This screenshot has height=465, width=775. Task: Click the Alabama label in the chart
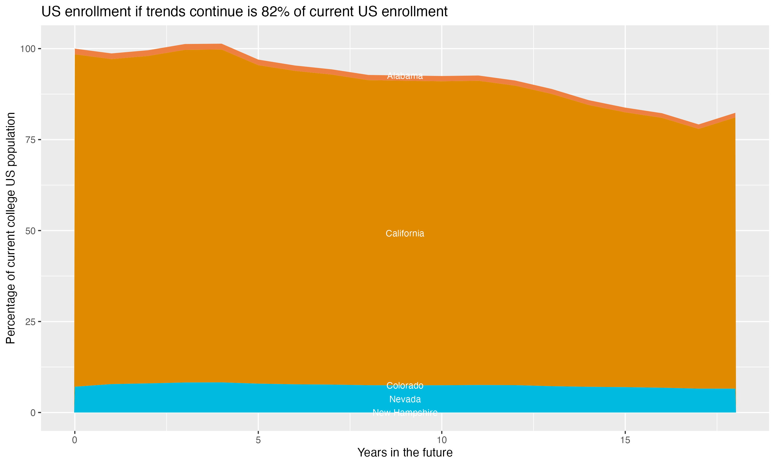click(x=405, y=76)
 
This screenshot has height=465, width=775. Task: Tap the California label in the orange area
click(x=405, y=234)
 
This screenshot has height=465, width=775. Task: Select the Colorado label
click(x=405, y=385)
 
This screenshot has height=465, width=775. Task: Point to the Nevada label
click(x=405, y=399)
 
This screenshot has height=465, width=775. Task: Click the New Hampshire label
click(x=405, y=413)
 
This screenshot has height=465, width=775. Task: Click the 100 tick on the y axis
click(x=28, y=49)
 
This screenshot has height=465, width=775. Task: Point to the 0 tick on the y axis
click(x=33, y=413)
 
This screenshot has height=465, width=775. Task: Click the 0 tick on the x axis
click(x=75, y=440)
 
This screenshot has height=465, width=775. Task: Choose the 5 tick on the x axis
click(x=258, y=440)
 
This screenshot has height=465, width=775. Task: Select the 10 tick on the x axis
click(x=442, y=440)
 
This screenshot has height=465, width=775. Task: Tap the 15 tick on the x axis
click(x=625, y=440)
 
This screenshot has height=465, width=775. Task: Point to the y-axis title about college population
click(x=11, y=228)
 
